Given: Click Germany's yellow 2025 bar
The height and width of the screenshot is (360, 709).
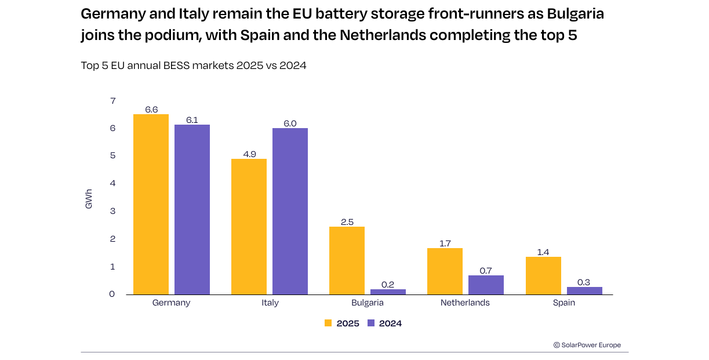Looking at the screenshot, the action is pos(151,205).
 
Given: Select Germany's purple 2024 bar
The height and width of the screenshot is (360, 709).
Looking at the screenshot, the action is pos(192,210).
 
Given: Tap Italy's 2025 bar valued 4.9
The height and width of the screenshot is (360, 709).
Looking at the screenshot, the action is pos(249,227).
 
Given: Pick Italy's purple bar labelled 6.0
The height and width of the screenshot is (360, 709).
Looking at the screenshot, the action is pos(290,212).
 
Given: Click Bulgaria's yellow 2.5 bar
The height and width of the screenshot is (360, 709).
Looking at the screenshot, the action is pos(347,261).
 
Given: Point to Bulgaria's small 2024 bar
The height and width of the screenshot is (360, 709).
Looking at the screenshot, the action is pos(388,292).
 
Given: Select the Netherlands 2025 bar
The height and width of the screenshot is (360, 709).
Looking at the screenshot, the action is pos(445,271).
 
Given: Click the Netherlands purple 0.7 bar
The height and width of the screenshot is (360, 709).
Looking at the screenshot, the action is pos(486,285).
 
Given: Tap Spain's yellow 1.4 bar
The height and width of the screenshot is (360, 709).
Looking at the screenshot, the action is pos(543,276).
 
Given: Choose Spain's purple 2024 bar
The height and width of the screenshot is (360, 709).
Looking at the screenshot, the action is pos(584,290).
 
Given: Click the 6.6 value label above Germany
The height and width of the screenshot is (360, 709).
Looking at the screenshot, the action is pos(151,110).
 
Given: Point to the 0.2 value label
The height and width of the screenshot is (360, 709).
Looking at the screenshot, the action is pos(388,285).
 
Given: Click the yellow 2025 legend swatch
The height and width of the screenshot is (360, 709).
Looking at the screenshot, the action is pos(328,323).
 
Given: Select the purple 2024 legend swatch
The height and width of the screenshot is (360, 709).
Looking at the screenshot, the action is pos(371,323).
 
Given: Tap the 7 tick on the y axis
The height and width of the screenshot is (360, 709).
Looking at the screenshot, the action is pos(113,101).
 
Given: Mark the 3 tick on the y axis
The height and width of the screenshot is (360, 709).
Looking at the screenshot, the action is pos(112,211).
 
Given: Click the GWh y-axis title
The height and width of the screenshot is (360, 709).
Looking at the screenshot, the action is pos(89,199).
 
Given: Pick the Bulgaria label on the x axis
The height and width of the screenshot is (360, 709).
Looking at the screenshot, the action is pos(368,303).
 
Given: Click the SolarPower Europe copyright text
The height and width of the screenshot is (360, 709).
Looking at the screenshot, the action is pos(587,345).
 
